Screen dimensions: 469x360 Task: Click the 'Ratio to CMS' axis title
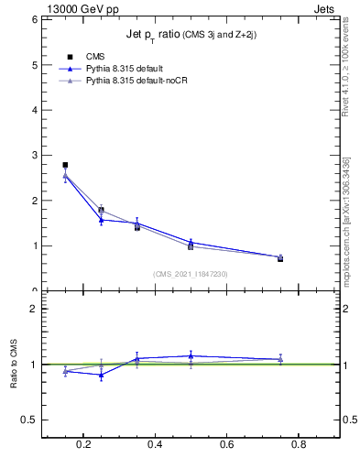pyautogui.click(x=14, y=364)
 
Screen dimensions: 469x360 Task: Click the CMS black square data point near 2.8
pyautogui.click(x=65, y=165)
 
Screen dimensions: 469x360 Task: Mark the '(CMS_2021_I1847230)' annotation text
pyautogui.click(x=191, y=273)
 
